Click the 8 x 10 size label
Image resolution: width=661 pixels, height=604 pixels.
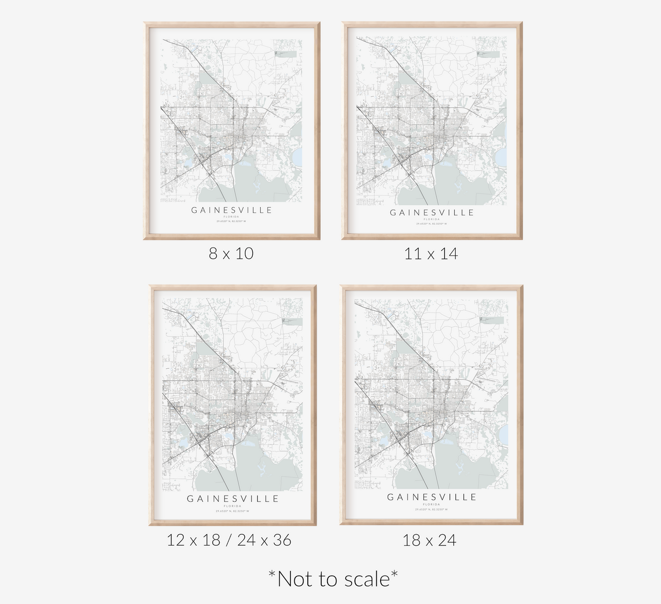point(231,253)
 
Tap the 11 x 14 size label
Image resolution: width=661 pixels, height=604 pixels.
point(431,253)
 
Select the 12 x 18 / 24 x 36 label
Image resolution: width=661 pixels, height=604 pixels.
point(229,540)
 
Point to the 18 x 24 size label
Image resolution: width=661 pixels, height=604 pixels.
point(429,540)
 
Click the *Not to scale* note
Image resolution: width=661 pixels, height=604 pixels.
point(333,579)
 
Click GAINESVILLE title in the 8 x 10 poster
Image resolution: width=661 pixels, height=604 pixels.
point(231,210)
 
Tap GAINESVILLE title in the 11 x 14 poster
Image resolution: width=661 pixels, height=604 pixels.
point(432,213)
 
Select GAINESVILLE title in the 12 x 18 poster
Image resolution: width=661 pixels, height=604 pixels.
point(232,499)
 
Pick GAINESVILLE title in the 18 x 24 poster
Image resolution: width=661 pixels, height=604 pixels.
point(431,497)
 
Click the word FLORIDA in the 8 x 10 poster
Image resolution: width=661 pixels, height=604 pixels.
point(231,216)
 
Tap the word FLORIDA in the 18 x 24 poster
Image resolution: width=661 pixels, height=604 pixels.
point(431,504)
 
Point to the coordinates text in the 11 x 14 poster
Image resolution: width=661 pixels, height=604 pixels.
point(431,224)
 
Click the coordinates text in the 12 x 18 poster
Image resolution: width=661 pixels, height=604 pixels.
point(232,511)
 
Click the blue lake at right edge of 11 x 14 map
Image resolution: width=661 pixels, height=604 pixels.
point(502,159)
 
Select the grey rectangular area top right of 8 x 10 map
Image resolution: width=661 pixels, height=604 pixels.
point(285,54)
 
